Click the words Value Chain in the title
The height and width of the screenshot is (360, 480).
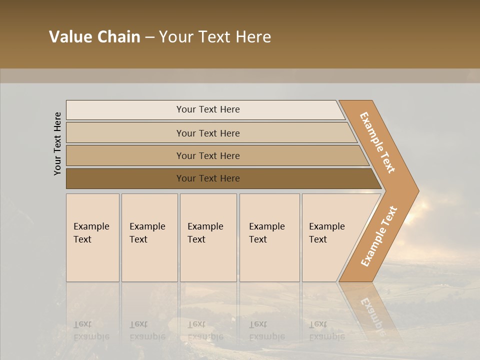[94, 37]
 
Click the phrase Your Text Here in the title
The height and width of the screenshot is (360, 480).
[215, 37]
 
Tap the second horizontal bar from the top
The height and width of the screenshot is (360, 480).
[208, 133]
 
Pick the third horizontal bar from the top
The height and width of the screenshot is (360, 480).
[208, 155]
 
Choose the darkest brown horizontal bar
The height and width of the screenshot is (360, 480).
[208, 178]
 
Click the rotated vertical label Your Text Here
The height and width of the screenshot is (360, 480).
[57, 143]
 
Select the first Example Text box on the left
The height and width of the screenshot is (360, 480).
[92, 237]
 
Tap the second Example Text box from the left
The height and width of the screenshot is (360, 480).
[149, 237]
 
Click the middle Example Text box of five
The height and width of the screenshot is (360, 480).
[208, 237]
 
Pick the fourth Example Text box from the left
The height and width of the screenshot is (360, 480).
[269, 237]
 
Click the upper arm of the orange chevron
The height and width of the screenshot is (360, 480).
[378, 142]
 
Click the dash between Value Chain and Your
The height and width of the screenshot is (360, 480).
[149, 37]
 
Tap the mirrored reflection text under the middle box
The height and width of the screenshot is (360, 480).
[205, 330]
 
